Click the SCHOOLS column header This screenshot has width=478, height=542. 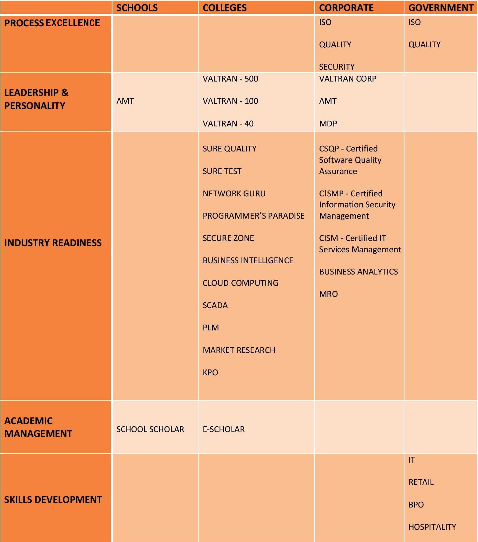click(137, 8)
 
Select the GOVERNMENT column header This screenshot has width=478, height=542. click(441, 8)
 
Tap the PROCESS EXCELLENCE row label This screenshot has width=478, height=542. click(52, 23)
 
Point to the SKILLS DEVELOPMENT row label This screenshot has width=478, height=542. click(53, 499)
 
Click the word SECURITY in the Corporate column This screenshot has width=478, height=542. click(337, 67)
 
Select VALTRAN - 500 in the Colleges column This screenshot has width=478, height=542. click(230, 79)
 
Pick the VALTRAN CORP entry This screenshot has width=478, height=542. click(348, 79)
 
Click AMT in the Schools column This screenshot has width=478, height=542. click(125, 101)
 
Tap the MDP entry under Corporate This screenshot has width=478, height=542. click(328, 124)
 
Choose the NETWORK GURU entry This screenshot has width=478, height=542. click(234, 194)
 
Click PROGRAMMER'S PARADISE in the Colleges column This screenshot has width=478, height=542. click(253, 216)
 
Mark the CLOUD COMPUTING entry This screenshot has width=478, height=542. click(240, 283)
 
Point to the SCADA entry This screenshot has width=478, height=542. click(215, 305)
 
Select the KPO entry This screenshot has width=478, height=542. click(210, 373)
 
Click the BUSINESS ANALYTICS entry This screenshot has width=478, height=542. click(358, 272)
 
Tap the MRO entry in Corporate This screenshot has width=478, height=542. click(328, 294)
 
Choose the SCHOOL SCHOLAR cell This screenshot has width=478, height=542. click(150, 429)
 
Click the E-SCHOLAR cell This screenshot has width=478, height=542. click(223, 429)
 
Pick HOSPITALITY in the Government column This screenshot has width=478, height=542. click(432, 527)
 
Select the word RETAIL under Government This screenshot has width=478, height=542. click(421, 482)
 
